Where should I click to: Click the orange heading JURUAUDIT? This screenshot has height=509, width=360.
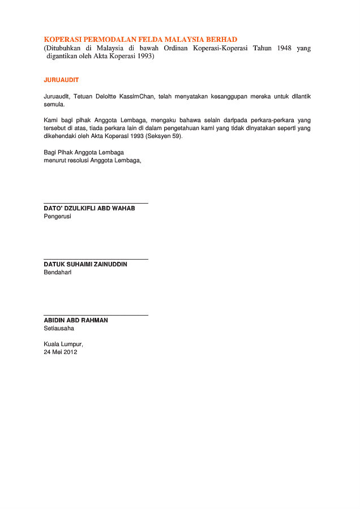coord(61,80)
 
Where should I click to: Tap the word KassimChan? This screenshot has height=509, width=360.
coord(138,97)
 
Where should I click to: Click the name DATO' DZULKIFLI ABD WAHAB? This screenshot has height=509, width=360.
coord(89,208)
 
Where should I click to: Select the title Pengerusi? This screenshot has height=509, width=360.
coord(57,216)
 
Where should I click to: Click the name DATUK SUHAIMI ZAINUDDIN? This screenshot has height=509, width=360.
coord(85,264)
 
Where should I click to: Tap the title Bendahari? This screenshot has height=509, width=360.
coord(58,272)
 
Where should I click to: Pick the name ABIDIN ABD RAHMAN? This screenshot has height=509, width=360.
coord(76,320)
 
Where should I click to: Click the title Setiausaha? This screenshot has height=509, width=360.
coord(59,328)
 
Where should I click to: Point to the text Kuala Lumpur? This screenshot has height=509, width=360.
coord(63,344)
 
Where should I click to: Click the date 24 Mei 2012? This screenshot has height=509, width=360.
coord(61,352)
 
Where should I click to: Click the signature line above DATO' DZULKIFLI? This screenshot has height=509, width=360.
coord(96,202)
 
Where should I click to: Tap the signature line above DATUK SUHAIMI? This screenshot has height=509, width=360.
coord(96,258)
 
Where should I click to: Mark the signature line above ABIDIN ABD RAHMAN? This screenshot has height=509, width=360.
coord(96,314)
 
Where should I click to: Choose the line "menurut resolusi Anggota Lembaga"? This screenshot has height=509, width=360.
coord(92,160)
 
